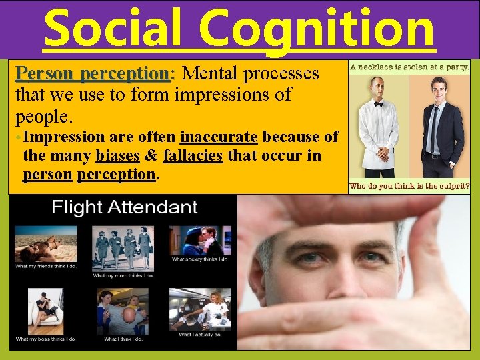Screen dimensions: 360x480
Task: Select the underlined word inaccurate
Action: [x=219, y=137]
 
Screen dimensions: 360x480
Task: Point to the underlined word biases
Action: [x=118, y=156]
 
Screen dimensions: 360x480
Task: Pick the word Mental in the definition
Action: [x=215, y=73]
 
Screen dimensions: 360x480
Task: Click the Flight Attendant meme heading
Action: [x=125, y=207]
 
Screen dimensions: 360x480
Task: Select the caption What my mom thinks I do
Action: [x=123, y=275]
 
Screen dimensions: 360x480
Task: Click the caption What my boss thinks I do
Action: [x=45, y=339]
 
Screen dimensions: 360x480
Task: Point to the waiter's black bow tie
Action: [x=378, y=104]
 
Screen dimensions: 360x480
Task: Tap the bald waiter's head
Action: [x=378, y=85]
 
